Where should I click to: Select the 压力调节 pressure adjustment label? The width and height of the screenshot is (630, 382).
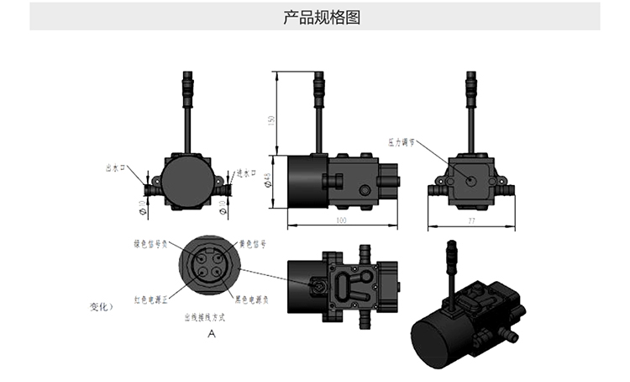[402, 141]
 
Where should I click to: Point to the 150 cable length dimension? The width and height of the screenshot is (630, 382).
[270, 120]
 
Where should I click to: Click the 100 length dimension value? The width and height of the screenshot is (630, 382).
[342, 220]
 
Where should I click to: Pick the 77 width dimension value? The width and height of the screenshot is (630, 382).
[472, 221]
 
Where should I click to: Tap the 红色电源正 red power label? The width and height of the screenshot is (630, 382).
[151, 299]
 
